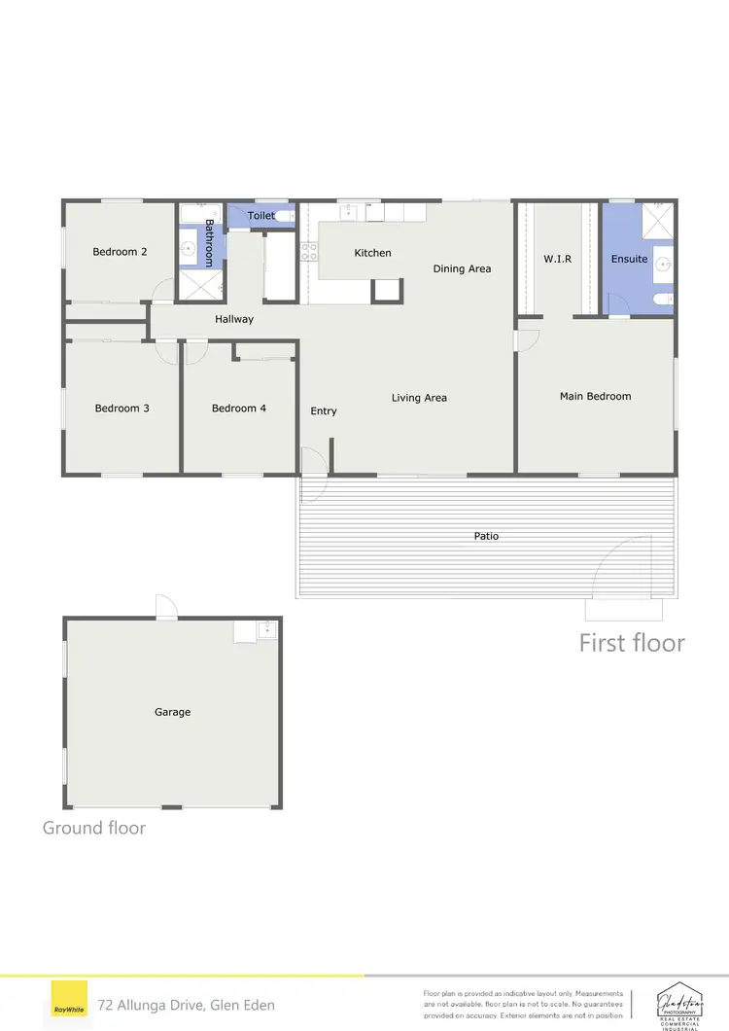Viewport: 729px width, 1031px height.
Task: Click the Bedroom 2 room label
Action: pos(121,252)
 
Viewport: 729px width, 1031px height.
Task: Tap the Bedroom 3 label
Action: pos(121,409)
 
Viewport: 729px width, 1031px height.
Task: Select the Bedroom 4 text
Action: pos(239,409)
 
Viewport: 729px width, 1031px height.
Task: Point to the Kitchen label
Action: pos(372,253)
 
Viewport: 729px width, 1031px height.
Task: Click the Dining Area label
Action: pos(462,268)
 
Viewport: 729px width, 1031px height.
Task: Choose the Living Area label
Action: pos(419,398)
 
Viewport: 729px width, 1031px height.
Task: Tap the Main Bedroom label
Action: pos(595,396)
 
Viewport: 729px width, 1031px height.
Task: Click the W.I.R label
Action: pos(557,259)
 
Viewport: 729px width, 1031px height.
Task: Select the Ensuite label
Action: pos(629,259)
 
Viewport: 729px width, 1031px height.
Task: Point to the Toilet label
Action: pos(261,216)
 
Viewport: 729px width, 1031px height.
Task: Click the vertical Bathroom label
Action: pos(208,243)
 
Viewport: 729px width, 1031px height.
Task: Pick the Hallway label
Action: pos(234,319)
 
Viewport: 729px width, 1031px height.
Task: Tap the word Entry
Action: pos(324,411)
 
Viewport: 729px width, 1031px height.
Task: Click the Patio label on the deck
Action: pos(486,536)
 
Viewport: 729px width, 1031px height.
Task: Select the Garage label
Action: pos(172,712)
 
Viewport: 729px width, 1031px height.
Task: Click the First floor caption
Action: pos(632,643)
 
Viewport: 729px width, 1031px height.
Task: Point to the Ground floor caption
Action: pos(94,828)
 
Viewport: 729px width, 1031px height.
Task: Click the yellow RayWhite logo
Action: pos(67,1003)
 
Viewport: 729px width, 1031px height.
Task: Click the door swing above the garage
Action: pos(166,608)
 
